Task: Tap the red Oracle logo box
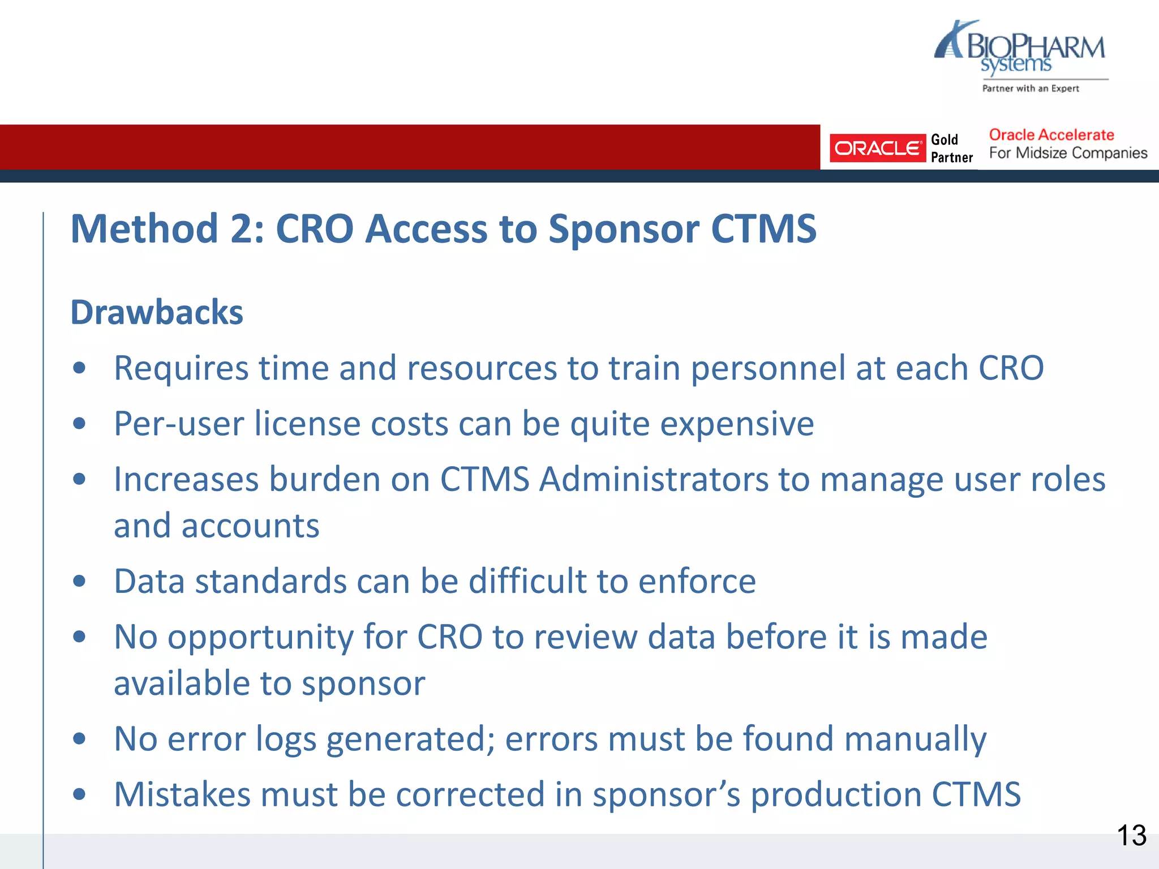pyautogui.click(x=877, y=148)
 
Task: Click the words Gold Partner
pyautogui.click(x=951, y=148)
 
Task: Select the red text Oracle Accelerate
pyautogui.click(x=1051, y=135)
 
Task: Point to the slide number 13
pyautogui.click(x=1131, y=836)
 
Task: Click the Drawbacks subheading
pyautogui.click(x=157, y=312)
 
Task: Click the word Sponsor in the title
pyautogui.click(x=624, y=229)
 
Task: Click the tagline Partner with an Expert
pyautogui.click(x=1030, y=88)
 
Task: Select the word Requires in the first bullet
pyautogui.click(x=181, y=368)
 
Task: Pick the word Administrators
pyautogui.click(x=653, y=480)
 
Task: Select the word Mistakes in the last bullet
pyautogui.click(x=182, y=794)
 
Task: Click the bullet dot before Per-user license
pyautogui.click(x=79, y=424)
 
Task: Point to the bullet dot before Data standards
pyautogui.click(x=79, y=581)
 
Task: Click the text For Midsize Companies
pyautogui.click(x=1067, y=153)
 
